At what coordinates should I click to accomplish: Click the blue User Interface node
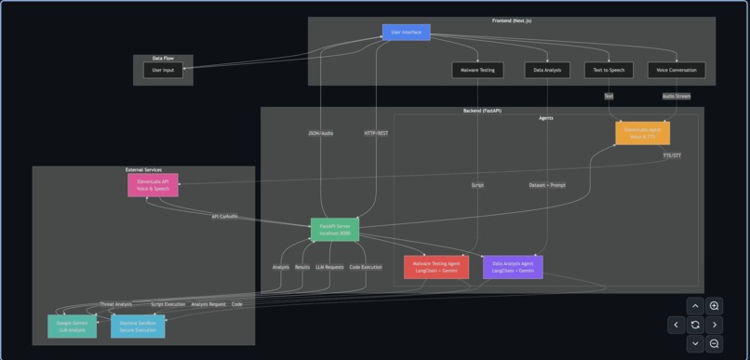pos(406,33)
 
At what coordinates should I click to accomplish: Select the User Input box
pos(163,70)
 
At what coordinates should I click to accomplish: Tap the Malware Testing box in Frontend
pos(477,70)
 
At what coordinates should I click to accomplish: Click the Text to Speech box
pos(609,70)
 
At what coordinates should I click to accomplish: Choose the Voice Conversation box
pos(676,70)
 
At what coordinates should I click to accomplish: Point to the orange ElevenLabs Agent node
pos(642,133)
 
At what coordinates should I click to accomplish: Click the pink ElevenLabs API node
pos(153,185)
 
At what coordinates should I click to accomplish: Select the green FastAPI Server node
pos(334,230)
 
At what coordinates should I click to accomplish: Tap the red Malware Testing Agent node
pos(435,267)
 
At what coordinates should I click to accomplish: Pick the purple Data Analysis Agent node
pos(513,267)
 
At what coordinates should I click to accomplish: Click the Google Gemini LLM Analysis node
pos(72,326)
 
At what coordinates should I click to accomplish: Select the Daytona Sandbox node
pos(138,326)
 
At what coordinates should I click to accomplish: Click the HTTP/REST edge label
pos(376,133)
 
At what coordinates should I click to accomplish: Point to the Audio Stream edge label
pos(676,96)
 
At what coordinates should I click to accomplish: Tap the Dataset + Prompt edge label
pos(547,185)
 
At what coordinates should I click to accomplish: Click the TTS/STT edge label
pos(672,155)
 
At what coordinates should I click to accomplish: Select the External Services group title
pos(143,169)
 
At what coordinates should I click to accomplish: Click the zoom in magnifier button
pos(714,306)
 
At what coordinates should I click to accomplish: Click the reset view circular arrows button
pos(695,325)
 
